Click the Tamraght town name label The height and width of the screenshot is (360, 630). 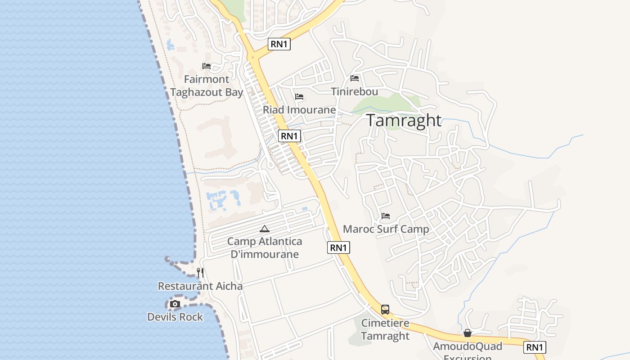[x=404, y=121]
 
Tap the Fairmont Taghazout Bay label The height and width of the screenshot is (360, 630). [x=207, y=86]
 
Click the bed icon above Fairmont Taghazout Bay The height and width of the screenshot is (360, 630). [x=207, y=66]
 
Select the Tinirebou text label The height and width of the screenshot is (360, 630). [x=354, y=91]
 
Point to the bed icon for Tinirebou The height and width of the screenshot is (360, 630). [x=355, y=78]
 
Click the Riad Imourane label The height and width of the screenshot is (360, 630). [x=299, y=110]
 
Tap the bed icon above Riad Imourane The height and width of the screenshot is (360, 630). [x=299, y=97]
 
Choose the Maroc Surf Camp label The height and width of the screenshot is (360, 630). [x=386, y=229]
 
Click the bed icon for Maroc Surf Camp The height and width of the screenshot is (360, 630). [x=386, y=216]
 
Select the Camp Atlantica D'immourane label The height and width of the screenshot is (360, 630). [x=265, y=247]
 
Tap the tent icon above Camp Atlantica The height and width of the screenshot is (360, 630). [x=265, y=229]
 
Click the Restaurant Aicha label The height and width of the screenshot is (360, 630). [x=200, y=286]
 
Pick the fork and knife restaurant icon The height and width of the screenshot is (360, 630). [x=200, y=272]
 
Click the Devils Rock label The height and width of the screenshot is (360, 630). [x=175, y=317]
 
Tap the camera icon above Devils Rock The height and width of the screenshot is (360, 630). [x=175, y=304]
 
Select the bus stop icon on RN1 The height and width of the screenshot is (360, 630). [x=385, y=310]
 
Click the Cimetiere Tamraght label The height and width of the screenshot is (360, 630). [x=385, y=329]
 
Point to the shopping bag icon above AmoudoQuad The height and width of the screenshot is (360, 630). [x=468, y=333]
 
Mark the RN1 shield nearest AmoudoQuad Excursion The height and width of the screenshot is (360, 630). [x=535, y=347]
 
